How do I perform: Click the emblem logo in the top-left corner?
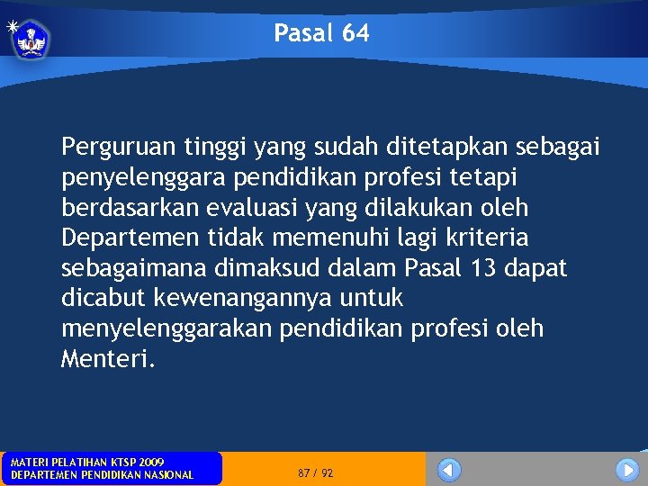click(x=30, y=39)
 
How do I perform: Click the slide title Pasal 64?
click(x=321, y=34)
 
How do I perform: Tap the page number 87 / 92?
click(x=315, y=472)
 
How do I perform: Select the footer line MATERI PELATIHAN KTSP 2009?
click(x=87, y=463)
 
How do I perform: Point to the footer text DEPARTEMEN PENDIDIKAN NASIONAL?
click(x=102, y=475)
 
